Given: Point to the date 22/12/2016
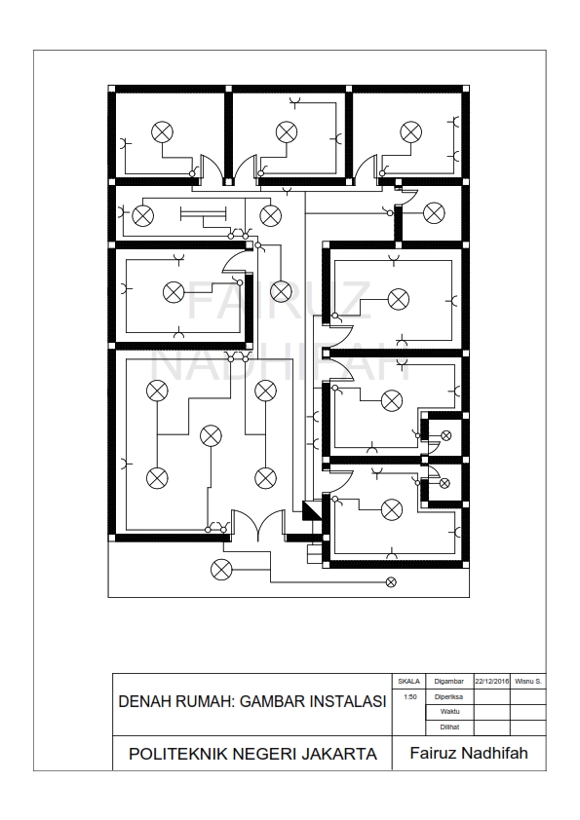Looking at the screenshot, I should point(492,682).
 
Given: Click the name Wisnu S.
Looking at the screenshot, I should point(528,682).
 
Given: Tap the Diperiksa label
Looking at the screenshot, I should point(448,697).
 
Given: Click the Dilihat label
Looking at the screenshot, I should point(448,727).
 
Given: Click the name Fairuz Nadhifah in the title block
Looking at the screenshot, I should point(468,755).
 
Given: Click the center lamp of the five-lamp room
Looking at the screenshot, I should point(210,436).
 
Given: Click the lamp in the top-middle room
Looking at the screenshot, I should point(286,131).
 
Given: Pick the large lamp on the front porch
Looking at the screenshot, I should point(221,569).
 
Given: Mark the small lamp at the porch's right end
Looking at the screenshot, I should point(392,582).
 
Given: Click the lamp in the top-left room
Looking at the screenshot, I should point(162,131).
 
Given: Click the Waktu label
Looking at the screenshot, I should point(448,713).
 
